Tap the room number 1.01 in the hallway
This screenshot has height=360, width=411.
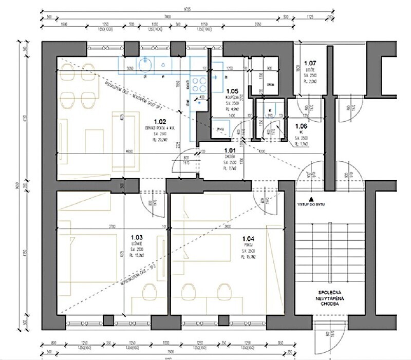[x=230, y=150]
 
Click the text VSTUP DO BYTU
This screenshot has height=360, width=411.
[x=309, y=204]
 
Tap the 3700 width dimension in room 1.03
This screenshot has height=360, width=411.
[x=108, y=226]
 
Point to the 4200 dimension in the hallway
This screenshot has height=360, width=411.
[x=261, y=152]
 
